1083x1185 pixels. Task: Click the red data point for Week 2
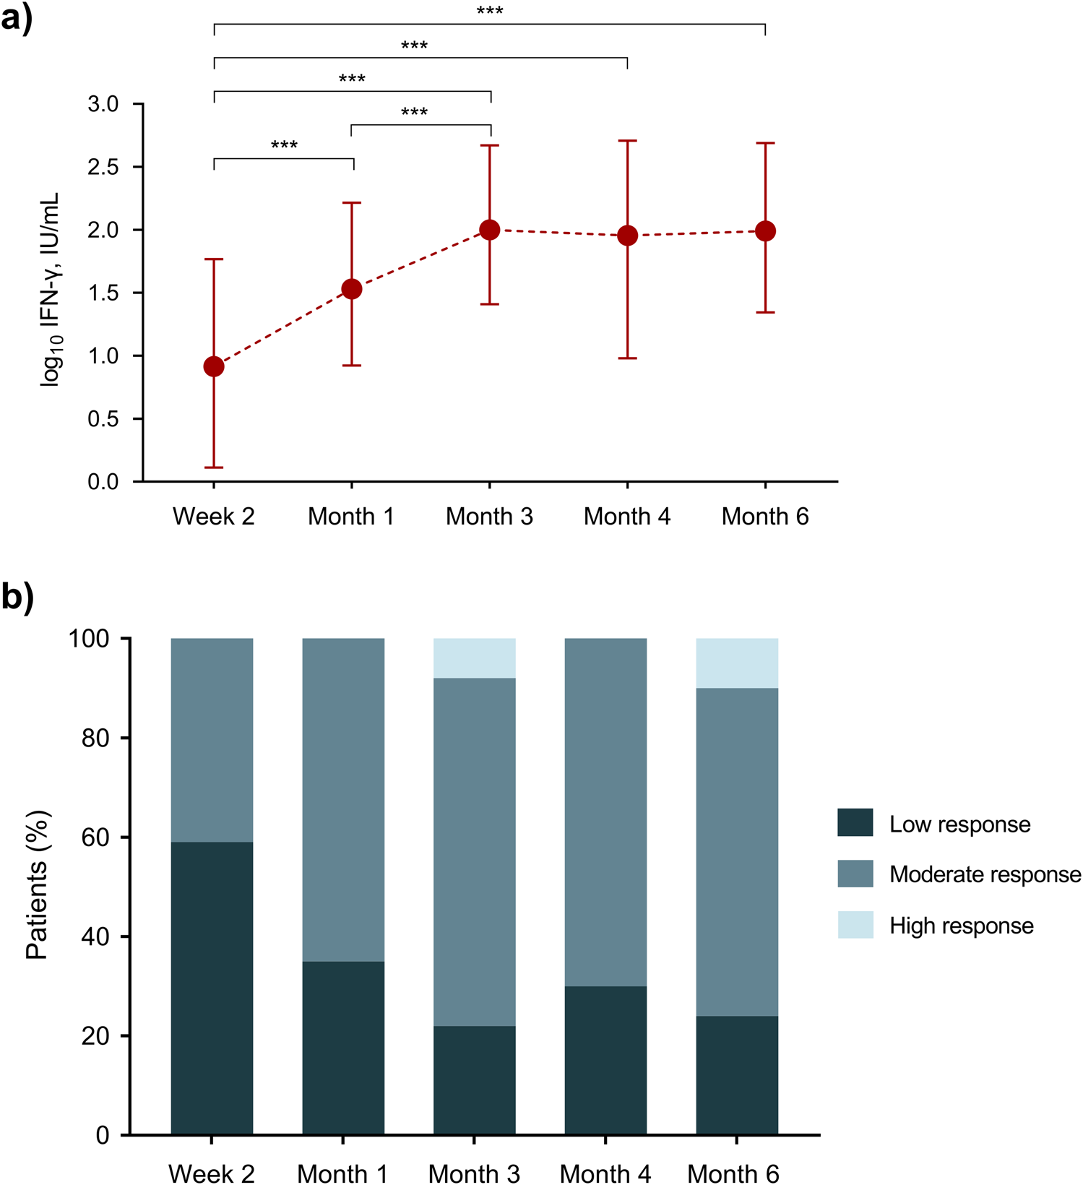pyautogui.click(x=214, y=367)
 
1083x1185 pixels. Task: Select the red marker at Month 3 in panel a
pyautogui.click(x=490, y=230)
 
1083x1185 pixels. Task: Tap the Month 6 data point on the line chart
pyautogui.click(x=765, y=231)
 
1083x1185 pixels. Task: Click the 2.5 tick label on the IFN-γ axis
pyautogui.click(x=103, y=167)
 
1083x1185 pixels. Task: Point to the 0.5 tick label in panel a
pyautogui.click(x=103, y=419)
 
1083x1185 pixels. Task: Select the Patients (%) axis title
pyautogui.click(x=38, y=884)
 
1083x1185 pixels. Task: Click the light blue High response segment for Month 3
pyautogui.click(x=474, y=658)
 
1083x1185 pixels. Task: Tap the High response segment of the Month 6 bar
pyautogui.click(x=736, y=663)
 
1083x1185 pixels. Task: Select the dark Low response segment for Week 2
pyautogui.click(x=212, y=987)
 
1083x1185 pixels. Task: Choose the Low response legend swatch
pyautogui.click(x=855, y=823)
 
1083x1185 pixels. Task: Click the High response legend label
pyautogui.click(x=961, y=926)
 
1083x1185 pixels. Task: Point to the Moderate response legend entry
pyautogui.click(x=985, y=874)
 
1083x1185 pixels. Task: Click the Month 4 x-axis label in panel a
pyautogui.click(x=626, y=517)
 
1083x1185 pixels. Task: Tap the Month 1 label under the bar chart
pyautogui.click(x=342, y=1173)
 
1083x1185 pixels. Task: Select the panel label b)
pyautogui.click(x=17, y=598)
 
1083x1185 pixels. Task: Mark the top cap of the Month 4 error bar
pyautogui.click(x=627, y=141)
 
